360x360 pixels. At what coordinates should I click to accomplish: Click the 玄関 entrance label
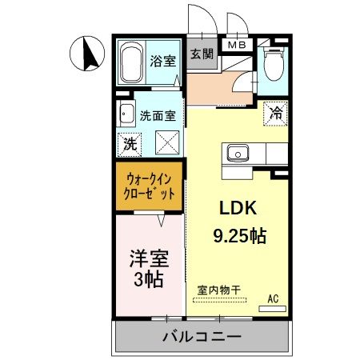[201, 54]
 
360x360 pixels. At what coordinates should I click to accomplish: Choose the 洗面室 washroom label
[157, 115]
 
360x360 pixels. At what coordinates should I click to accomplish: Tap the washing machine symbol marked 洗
[128, 144]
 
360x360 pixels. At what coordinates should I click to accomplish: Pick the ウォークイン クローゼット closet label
[150, 186]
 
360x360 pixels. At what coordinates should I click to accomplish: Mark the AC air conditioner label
[273, 299]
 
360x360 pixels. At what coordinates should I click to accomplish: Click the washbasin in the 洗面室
[126, 114]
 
